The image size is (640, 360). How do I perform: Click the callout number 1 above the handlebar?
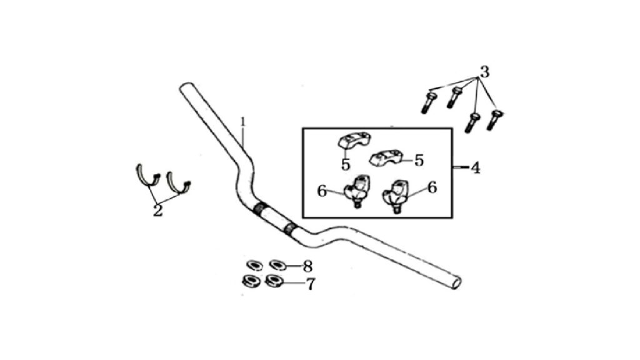243,122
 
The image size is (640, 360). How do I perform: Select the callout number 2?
157,211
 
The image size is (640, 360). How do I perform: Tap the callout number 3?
484,72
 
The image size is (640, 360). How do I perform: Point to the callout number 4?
476,167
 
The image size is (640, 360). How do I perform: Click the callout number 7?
311,284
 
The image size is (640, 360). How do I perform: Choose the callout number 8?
307,266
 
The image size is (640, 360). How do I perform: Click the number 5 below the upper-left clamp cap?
346,165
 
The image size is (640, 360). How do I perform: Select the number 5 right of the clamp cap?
419,161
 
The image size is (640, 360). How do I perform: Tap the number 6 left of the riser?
322,191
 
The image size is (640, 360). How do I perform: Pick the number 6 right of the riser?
432,187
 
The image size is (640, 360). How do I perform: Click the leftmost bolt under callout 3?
428,102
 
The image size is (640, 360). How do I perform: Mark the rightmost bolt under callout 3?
494,120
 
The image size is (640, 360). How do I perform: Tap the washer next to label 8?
278,265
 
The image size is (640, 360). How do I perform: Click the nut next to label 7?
274,281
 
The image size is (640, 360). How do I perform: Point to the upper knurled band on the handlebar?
259,209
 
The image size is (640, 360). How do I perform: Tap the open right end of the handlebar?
457,283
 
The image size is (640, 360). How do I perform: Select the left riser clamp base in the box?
356,191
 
